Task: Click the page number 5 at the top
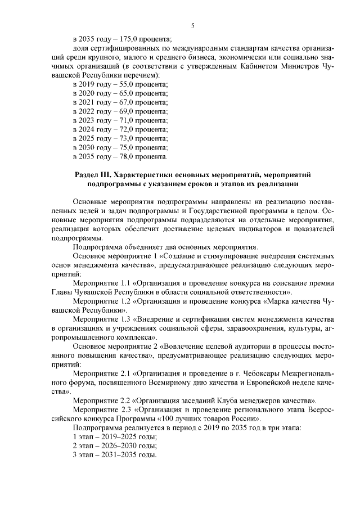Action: (193, 26)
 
